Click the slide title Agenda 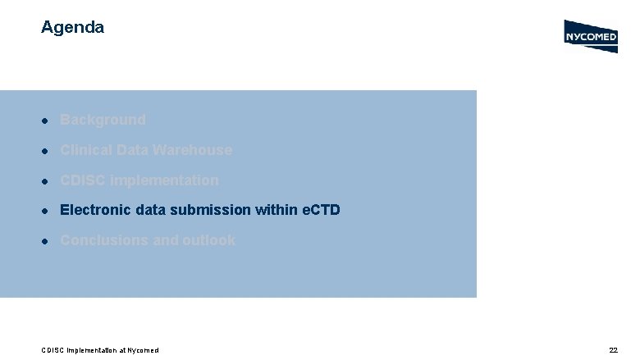(72, 27)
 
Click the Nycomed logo (590, 36)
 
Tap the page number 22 (613, 350)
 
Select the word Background (103, 120)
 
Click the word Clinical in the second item (85, 150)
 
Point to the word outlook (208, 240)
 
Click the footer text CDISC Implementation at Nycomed (99, 350)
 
